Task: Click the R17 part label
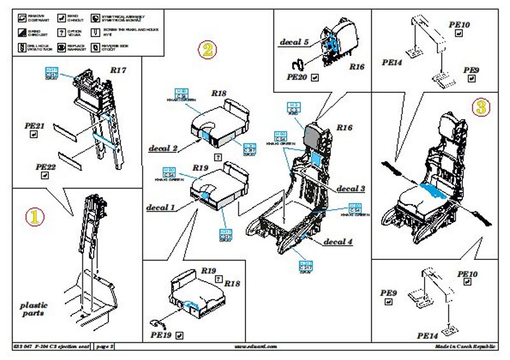coord(118,70)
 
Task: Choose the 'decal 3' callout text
coord(351,189)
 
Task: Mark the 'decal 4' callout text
coord(337,241)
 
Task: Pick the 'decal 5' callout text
coord(294,42)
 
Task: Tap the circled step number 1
coord(35,215)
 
